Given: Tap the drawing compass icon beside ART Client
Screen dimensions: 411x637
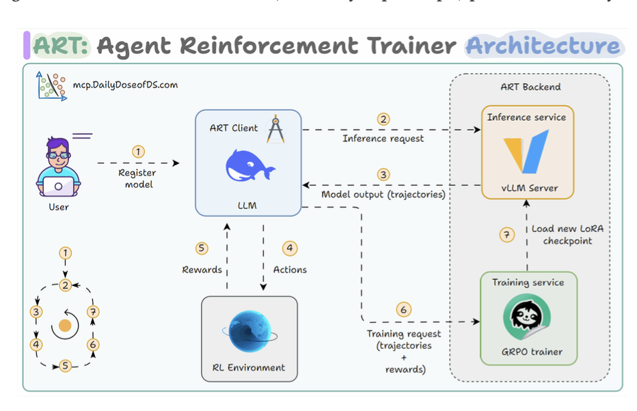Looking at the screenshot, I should click(x=275, y=130).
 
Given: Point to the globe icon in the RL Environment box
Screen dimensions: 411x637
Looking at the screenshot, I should click(x=249, y=332).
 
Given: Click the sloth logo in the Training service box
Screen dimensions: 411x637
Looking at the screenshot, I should click(x=526, y=317).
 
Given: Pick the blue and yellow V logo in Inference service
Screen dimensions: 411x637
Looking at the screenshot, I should click(x=526, y=151).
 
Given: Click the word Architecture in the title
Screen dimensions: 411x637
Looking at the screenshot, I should click(x=543, y=46).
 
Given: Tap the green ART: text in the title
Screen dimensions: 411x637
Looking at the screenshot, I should click(x=60, y=46).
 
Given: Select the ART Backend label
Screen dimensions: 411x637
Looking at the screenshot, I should click(x=530, y=87).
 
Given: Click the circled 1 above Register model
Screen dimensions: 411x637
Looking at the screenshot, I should click(x=138, y=151).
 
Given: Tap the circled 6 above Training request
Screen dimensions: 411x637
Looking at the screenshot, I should click(x=403, y=310).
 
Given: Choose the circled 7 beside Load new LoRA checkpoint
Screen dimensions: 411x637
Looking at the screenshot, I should click(x=506, y=236).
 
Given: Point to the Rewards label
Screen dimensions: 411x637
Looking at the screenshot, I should click(x=202, y=270).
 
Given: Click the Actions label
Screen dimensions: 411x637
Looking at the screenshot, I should click(x=290, y=270).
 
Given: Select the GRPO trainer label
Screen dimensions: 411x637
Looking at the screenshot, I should click(x=531, y=352).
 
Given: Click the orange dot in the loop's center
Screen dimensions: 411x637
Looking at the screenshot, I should click(x=65, y=326).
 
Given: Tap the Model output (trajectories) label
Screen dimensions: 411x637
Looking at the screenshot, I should click(x=383, y=195).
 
